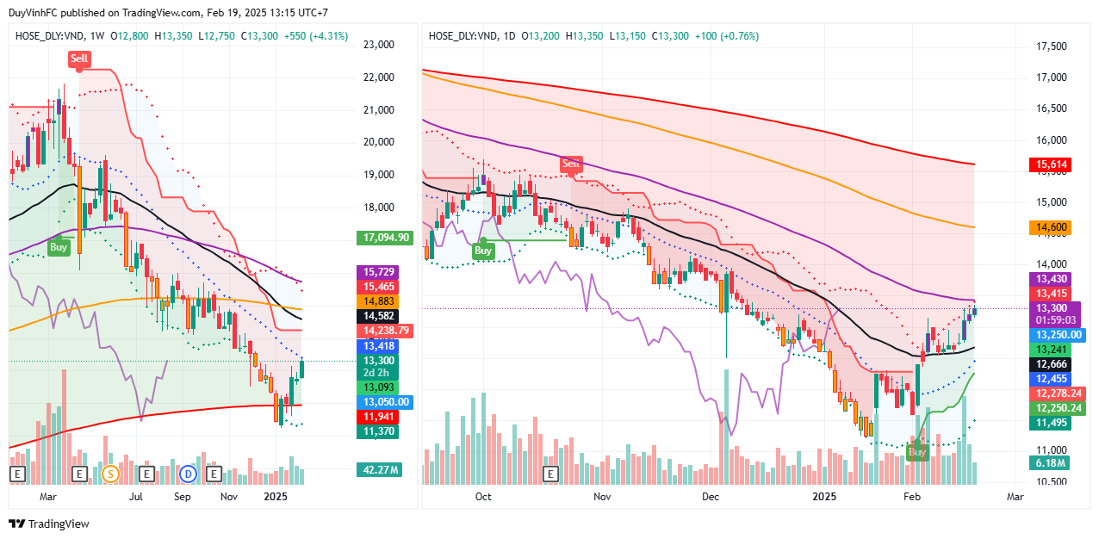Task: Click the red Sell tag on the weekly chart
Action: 79,59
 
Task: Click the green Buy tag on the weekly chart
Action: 58,246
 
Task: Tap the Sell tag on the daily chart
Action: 571,164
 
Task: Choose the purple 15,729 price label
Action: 376,271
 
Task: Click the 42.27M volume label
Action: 380,470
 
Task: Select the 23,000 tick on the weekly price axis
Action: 379,45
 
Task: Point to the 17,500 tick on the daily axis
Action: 1051,46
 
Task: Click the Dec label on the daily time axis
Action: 711,497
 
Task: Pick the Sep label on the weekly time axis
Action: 182,497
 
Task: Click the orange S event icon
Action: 110,474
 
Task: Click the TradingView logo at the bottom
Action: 49,524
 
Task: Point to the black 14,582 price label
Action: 376,316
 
